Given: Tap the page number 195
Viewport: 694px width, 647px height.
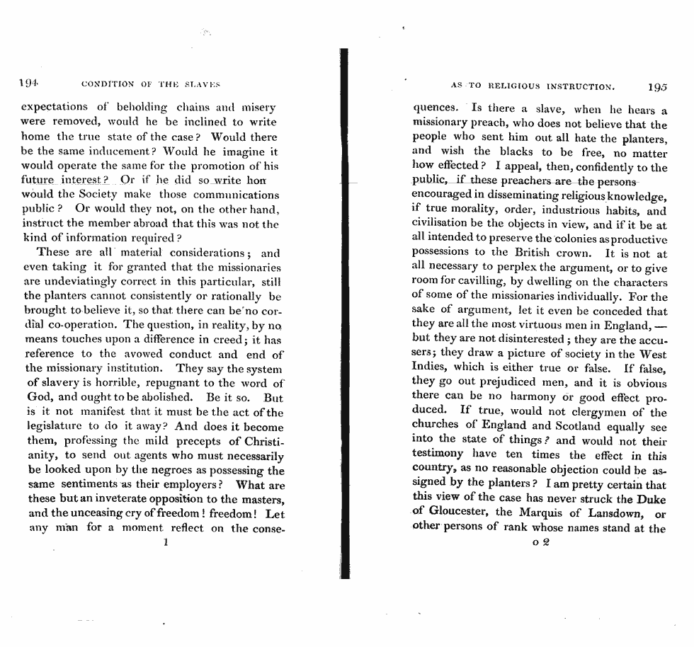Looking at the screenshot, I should (x=656, y=87).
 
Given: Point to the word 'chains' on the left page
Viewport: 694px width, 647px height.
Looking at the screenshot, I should (x=193, y=108).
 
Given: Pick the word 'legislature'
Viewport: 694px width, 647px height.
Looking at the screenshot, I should (x=56, y=427).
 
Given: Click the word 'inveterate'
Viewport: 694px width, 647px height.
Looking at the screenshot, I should (x=132, y=499).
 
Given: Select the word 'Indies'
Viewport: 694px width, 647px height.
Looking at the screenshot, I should (x=429, y=368).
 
